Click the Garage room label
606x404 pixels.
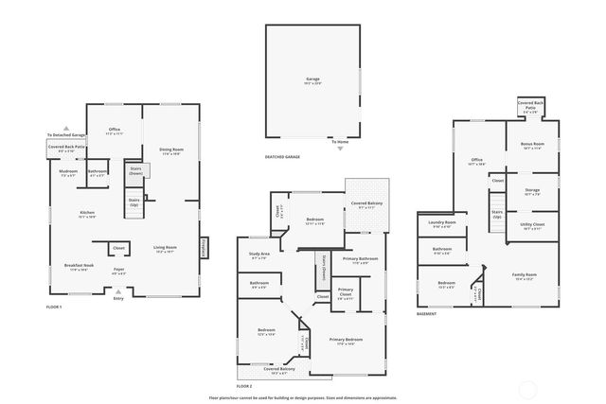[x=312, y=79]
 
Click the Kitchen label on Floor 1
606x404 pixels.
[x=87, y=214]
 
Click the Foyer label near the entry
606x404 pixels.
[x=119, y=271]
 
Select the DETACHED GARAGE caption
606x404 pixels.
[x=282, y=156]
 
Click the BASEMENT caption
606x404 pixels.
[x=427, y=313]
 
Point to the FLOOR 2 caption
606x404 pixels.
[x=244, y=386]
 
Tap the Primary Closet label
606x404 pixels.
[x=345, y=291]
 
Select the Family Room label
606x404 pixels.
[x=524, y=276]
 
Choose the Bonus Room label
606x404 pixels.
[x=532, y=146]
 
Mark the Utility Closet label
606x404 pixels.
[x=532, y=226]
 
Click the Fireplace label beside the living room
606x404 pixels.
[x=203, y=247]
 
